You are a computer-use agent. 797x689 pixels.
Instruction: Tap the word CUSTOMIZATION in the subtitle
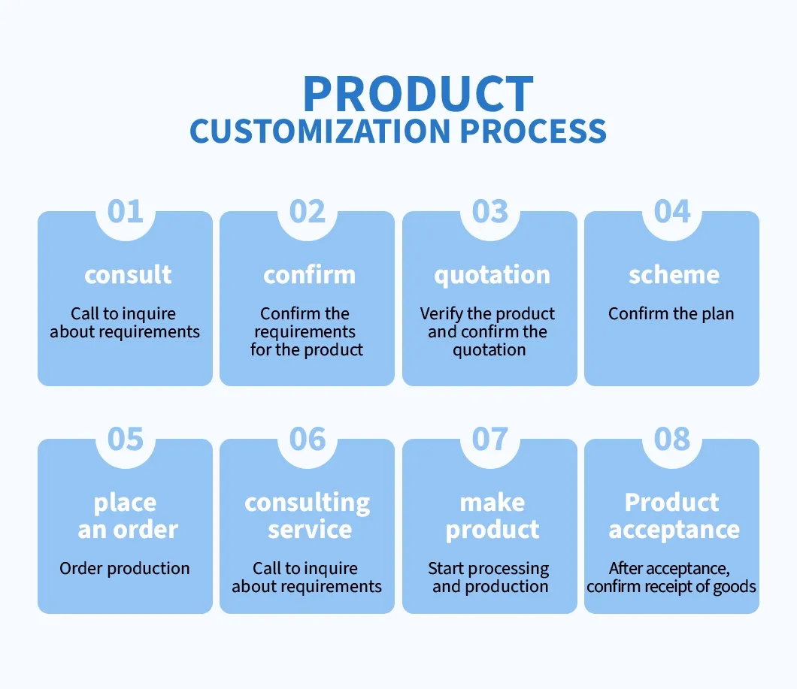tap(320, 131)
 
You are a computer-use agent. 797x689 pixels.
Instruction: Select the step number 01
tap(125, 211)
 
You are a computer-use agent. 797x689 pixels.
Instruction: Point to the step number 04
tap(672, 211)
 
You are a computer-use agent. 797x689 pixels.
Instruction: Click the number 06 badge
tap(308, 439)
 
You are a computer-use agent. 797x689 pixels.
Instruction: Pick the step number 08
tap(672, 439)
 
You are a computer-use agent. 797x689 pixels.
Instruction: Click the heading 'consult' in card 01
tap(128, 274)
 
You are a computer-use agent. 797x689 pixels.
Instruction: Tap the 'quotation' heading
tap(492, 276)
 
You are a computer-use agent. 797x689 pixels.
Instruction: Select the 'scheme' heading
tap(674, 274)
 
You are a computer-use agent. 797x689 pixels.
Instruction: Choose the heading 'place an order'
tap(128, 516)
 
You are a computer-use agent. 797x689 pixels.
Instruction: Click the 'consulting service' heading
tap(308, 516)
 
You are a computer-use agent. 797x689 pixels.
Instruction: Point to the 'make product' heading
tap(492, 516)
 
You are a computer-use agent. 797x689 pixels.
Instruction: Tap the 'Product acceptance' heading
tap(674, 516)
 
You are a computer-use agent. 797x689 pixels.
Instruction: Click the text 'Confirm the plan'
tap(671, 314)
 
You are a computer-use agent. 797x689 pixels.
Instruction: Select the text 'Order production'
tap(125, 569)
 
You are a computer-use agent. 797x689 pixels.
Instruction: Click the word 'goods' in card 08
tap(735, 587)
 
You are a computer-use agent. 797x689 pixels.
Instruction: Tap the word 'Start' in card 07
tap(446, 569)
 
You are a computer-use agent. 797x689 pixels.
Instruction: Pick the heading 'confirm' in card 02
tap(310, 274)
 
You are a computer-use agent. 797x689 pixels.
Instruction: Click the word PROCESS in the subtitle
tap(533, 131)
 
